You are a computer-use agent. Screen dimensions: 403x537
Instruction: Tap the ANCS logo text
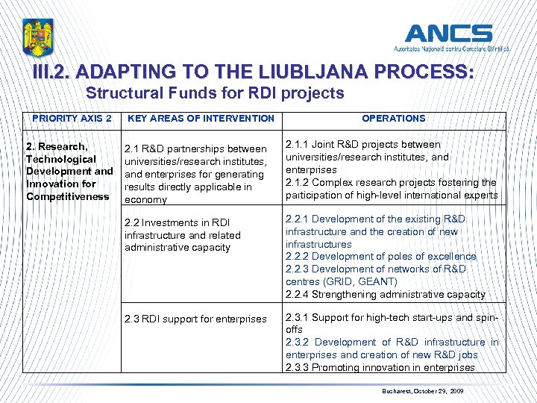448,34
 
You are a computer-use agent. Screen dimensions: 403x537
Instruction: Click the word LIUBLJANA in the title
284,72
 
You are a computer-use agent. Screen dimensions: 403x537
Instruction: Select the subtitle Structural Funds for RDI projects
215,93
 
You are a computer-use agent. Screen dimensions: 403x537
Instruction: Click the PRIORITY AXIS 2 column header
72,118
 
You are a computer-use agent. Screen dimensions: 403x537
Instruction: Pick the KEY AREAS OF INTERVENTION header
201,118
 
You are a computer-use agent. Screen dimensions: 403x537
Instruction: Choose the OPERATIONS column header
393,118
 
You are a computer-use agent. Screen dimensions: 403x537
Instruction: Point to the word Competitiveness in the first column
67,196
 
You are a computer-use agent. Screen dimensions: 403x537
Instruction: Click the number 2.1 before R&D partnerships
132,149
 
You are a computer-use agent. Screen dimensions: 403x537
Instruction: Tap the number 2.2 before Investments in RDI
132,222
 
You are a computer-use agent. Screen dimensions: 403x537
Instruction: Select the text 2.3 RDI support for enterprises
195,319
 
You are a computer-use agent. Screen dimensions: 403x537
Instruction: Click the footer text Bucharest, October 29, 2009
423,390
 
